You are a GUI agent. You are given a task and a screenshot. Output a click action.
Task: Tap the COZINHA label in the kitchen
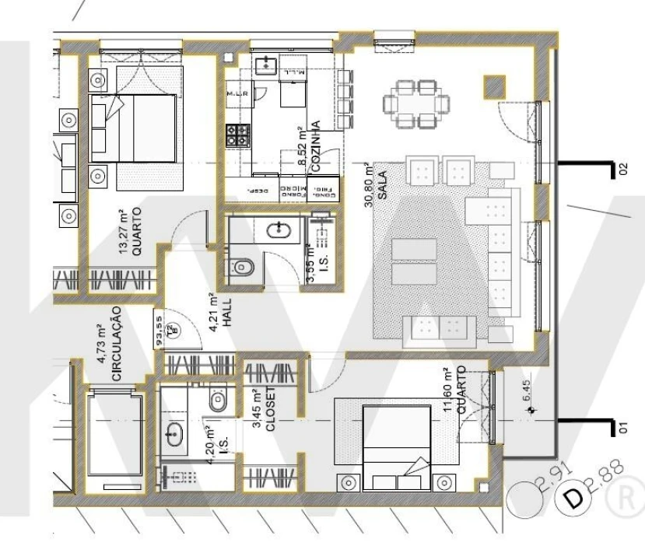(315, 141)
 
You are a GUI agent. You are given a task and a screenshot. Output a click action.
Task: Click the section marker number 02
(621, 170)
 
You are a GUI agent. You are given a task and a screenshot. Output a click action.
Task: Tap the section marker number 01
(621, 426)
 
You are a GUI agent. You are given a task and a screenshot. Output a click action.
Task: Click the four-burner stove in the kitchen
(238, 136)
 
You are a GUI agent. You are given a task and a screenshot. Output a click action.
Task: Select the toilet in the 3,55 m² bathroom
(243, 267)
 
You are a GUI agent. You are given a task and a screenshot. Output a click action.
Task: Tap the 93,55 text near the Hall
(159, 331)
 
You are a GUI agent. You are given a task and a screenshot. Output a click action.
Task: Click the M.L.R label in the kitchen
(236, 96)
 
